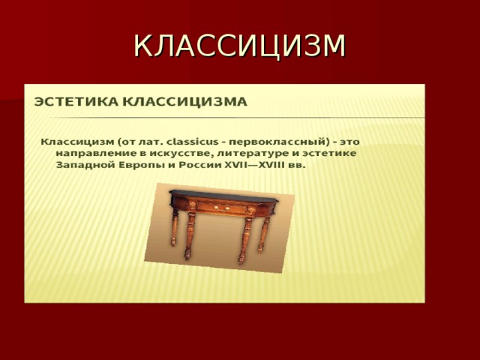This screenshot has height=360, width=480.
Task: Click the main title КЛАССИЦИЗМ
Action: pyautogui.click(x=240, y=46)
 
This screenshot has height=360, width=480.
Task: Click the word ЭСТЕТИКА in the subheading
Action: pyautogui.click(x=76, y=102)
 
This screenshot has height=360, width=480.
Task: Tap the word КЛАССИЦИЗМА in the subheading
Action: pyautogui.click(x=185, y=102)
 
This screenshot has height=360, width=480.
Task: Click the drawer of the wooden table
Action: pyautogui.click(x=221, y=208)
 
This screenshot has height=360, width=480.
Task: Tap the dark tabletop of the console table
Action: pyautogui.click(x=224, y=196)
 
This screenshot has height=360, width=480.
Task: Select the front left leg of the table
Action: pyautogui.click(x=190, y=235)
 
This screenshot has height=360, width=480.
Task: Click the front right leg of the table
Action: pyautogui.click(x=244, y=240)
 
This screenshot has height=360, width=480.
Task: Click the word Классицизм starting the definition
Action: pyautogui.click(x=77, y=142)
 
